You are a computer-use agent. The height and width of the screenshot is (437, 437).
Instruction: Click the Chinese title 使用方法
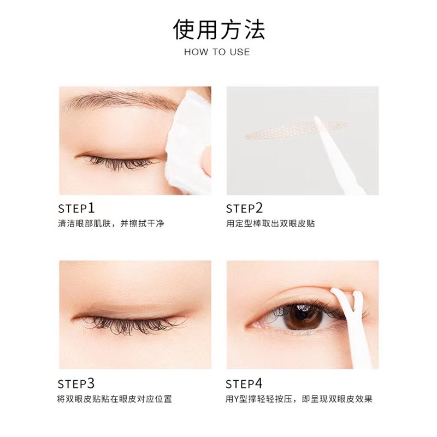tap(218, 29)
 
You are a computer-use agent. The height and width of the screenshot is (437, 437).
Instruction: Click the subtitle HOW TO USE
tap(217, 52)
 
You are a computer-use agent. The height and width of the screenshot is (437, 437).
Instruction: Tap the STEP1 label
tap(76, 208)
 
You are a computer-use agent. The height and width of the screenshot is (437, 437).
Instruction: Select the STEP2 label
tap(244, 208)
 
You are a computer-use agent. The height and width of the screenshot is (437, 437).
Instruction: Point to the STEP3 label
tap(76, 383)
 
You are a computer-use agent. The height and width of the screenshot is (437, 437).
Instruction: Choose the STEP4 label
tap(244, 383)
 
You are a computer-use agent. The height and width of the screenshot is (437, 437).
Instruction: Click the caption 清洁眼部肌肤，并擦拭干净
tap(111, 223)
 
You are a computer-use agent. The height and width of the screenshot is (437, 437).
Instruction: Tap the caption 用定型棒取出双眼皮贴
tap(270, 223)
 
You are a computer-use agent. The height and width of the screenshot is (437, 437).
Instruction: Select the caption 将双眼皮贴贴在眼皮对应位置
tap(115, 399)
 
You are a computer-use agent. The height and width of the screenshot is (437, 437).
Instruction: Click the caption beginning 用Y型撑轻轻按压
tap(299, 399)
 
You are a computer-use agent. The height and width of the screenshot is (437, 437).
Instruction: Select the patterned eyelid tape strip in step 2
tap(296, 131)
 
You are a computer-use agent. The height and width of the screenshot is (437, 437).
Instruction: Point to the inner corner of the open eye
tap(250, 324)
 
